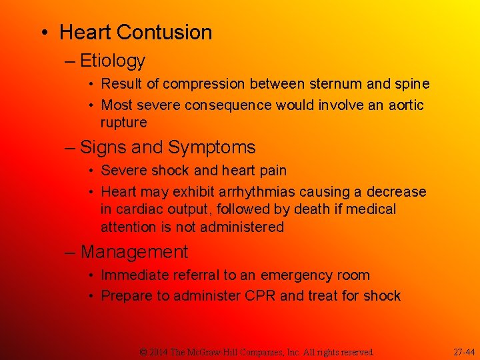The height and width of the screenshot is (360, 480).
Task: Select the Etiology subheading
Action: (x=112, y=61)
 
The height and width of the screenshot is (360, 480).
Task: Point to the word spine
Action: (x=411, y=85)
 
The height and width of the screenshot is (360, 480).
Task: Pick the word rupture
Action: (x=123, y=123)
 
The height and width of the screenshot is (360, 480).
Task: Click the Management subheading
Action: (x=134, y=252)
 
